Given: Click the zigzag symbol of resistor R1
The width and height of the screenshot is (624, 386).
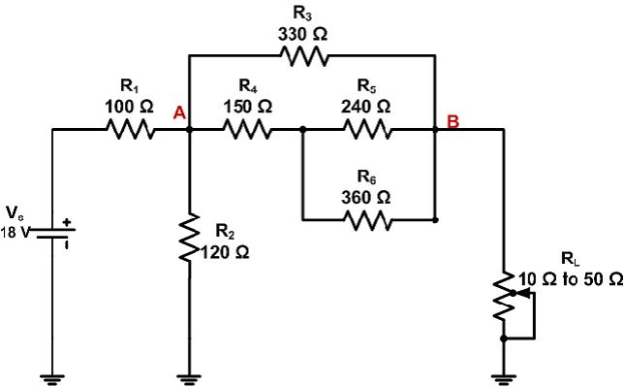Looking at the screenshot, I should pos(133,129).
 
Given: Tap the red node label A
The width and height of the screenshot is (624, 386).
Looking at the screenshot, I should pos(178,113).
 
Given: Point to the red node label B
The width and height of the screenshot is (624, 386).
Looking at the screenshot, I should pos(452,122).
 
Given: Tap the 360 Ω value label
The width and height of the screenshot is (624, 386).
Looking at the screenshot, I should pos(367,197).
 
